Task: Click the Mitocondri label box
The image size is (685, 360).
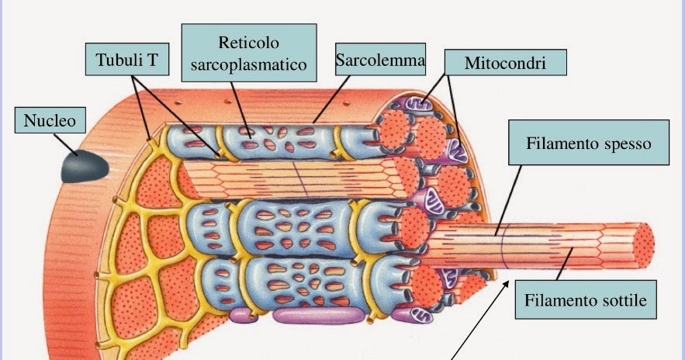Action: (x=505, y=63)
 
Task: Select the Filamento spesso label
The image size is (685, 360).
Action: (x=587, y=143)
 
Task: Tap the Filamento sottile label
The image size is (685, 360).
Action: (x=586, y=299)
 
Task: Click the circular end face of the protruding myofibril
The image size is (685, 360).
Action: (x=644, y=242)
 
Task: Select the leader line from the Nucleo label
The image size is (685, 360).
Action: (x=65, y=144)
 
